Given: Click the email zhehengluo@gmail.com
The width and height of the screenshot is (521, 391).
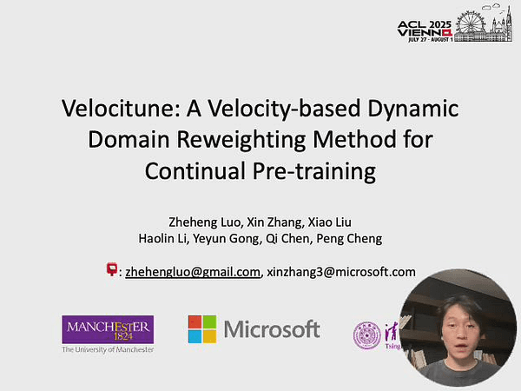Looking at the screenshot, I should coord(193,271).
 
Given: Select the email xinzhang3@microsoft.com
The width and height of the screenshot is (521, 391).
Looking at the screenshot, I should coord(341,271).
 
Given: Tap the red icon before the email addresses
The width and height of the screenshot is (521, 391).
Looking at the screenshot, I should coord(111,270).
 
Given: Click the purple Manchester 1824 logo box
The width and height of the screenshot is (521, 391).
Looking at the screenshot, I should coord(108,328).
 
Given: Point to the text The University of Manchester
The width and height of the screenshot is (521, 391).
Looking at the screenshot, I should coord(108,349).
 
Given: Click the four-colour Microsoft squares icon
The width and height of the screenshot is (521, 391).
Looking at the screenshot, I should coord(202,329).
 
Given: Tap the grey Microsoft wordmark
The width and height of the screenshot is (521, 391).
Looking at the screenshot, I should coord(272,329).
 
